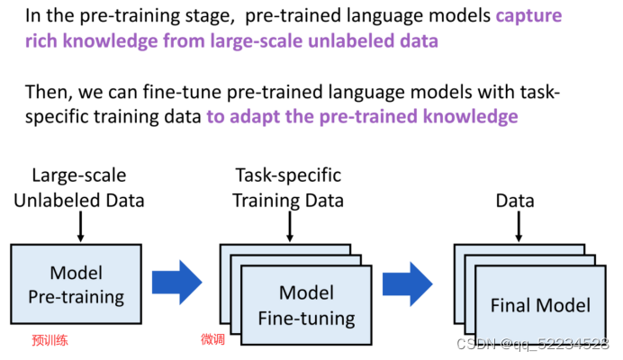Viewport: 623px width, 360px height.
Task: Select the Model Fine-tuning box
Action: coord(306,304)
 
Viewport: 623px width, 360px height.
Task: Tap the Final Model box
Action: coord(540,306)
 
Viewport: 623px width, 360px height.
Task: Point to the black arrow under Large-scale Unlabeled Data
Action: coord(79,227)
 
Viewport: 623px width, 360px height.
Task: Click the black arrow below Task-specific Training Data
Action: coord(288,227)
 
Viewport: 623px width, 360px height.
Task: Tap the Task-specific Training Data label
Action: coord(288,187)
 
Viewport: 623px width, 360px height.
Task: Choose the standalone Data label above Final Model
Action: coord(515,200)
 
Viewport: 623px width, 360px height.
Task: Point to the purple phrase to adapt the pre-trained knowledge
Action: coord(362,116)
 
